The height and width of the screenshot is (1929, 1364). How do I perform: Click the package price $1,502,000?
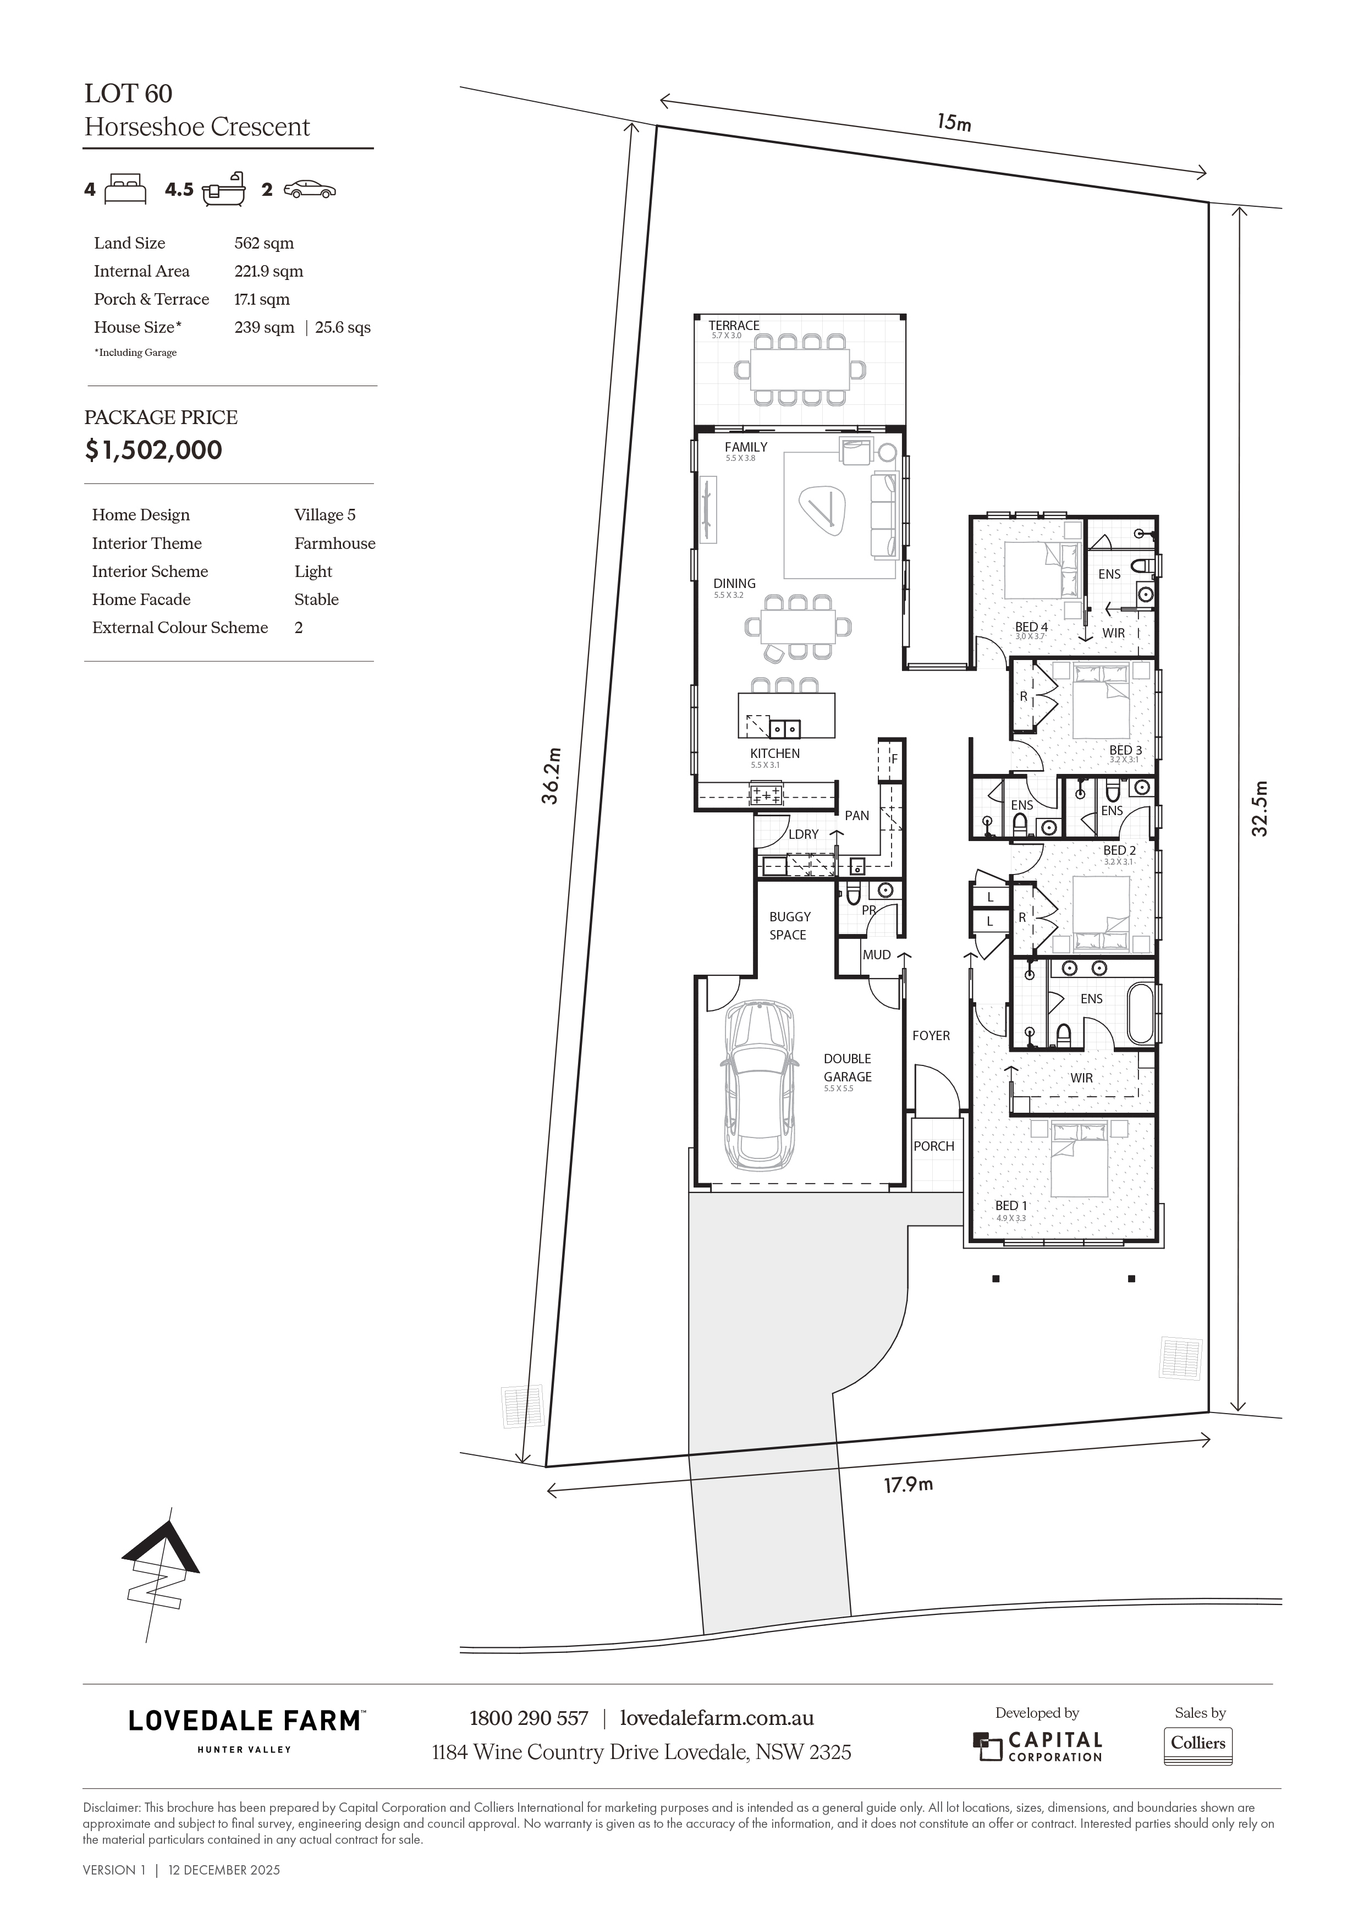(x=153, y=450)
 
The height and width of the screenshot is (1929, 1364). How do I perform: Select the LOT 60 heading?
(x=129, y=94)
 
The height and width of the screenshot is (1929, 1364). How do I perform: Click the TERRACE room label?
(x=734, y=325)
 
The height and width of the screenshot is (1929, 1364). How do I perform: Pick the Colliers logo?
(x=1198, y=1743)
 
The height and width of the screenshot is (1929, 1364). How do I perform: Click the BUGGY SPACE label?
(x=789, y=926)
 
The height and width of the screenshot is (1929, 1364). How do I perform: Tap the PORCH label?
(x=934, y=1146)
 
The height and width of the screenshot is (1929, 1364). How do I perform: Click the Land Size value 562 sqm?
(x=264, y=244)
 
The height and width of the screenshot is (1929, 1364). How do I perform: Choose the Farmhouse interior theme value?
(x=334, y=543)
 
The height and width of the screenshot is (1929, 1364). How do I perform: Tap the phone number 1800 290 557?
(x=529, y=1718)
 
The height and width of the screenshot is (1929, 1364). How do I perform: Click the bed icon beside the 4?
(x=126, y=189)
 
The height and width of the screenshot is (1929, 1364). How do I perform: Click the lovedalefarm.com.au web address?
(x=717, y=1718)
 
